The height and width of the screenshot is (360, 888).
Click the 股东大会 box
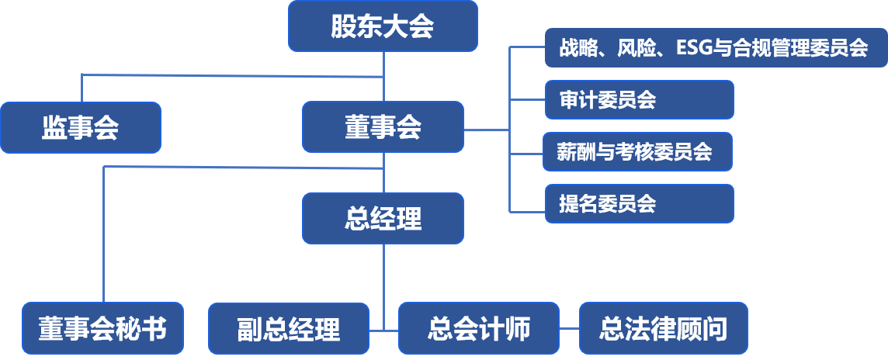point(383,26)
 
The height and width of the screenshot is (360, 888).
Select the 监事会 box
point(81,127)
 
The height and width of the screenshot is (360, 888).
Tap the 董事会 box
point(383,127)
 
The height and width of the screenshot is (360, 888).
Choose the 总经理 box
point(383,219)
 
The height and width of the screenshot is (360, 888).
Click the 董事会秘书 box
point(103,328)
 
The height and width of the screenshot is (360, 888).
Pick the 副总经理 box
point(289,328)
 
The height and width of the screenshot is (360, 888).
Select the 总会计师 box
point(478,328)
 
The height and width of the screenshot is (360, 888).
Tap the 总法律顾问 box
point(664,328)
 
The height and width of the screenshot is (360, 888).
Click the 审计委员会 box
point(639,100)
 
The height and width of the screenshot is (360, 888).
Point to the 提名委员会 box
point(639,203)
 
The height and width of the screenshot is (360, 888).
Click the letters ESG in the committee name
point(694,48)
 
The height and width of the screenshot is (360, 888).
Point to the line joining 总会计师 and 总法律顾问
point(569,329)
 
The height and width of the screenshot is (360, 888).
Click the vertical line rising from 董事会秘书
point(104,233)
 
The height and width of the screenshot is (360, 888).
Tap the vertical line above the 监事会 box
point(82,88)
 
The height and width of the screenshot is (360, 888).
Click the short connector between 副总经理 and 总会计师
point(383,330)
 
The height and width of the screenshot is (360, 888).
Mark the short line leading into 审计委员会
point(527,100)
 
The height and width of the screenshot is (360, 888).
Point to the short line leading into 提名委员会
point(527,211)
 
